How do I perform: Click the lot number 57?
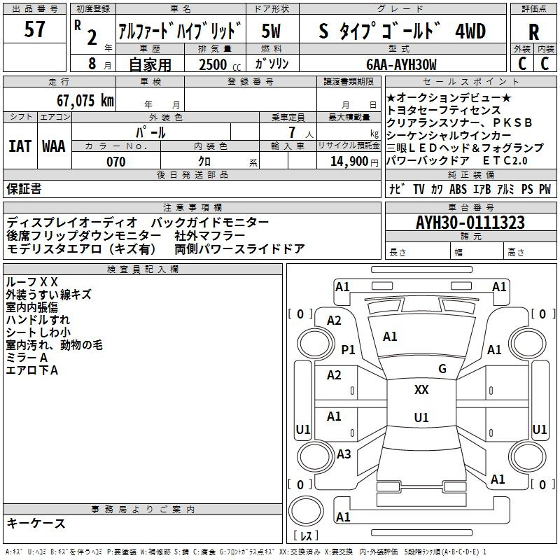point(34,29)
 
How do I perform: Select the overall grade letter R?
point(533,32)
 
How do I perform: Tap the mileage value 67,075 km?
point(85,101)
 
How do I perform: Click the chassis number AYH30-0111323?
point(470,223)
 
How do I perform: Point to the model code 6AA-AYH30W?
point(401,64)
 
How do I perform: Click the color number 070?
point(116,162)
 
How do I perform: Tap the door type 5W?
point(271,31)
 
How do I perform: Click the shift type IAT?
point(20,146)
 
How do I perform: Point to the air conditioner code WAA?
point(54,146)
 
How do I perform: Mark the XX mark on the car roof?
point(421,390)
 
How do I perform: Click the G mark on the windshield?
point(442,369)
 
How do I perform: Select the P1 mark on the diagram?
point(348,349)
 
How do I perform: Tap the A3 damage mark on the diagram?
point(344,454)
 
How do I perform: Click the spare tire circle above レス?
point(306,511)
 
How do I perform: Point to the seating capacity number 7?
point(293,132)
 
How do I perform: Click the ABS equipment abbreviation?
point(458,189)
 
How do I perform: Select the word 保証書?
point(24,189)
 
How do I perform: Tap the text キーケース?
point(36,523)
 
